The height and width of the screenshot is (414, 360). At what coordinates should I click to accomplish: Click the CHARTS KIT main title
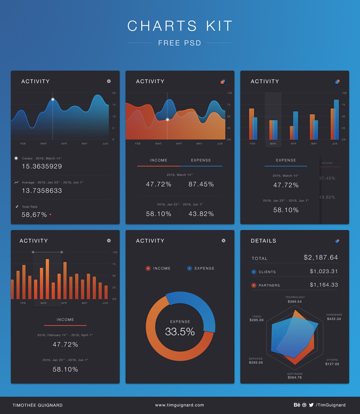coord(180,26)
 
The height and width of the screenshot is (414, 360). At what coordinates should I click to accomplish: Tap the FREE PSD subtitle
coord(180,43)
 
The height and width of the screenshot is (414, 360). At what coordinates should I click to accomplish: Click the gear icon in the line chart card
coord(108,81)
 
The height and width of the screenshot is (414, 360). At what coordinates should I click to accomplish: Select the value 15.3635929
coord(42,166)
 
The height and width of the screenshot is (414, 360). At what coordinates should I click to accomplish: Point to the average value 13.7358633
coord(42,191)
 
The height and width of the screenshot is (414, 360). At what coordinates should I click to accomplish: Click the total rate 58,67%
coord(34,215)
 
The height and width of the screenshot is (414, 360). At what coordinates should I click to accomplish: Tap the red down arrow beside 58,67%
coord(50,215)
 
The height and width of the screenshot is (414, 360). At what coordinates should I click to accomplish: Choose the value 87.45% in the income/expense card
coord(201,184)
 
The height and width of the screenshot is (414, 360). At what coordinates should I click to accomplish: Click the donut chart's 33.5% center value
coord(180,332)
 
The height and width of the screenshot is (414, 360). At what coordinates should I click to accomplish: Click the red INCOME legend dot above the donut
coord(148,268)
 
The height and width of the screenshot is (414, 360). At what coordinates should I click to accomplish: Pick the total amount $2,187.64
coord(321,258)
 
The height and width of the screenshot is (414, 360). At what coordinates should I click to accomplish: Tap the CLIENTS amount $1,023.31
coord(324,272)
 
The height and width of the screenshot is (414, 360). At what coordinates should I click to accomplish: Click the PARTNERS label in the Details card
coord(269,285)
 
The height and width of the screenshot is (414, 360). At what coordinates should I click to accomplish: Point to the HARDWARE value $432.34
coord(334,319)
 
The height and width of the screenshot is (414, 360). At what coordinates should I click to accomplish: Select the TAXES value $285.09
coord(256,321)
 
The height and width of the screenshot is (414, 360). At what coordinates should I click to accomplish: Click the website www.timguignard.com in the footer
coord(180,405)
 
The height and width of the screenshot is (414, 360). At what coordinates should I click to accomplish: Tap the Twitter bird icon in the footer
coord(311,405)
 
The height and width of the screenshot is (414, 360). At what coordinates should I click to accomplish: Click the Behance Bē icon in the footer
coord(297,405)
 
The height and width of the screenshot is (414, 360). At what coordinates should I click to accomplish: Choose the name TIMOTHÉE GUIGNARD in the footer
coord(37,405)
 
